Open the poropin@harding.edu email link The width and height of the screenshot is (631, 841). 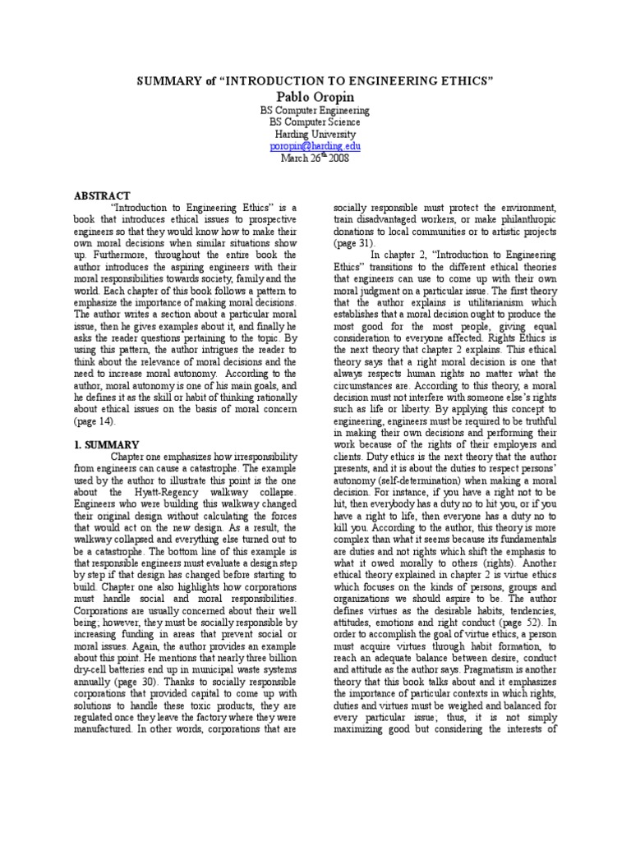pyautogui.click(x=315, y=146)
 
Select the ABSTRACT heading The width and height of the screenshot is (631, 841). pyautogui.click(x=103, y=195)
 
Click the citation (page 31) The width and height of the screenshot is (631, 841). pyautogui.click(x=354, y=243)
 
